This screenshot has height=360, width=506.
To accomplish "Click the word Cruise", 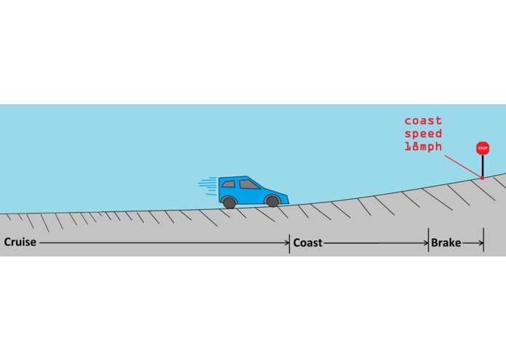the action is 20,242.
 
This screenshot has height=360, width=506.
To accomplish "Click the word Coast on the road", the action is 307,243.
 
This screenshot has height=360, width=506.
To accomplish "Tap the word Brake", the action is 446,243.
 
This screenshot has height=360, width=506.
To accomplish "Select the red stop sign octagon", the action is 483,148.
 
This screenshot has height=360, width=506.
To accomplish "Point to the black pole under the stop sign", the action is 483,165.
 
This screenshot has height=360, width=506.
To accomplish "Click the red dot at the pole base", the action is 482,178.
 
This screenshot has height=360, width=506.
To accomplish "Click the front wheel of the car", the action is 273,201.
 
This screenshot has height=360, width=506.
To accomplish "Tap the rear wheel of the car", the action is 229,203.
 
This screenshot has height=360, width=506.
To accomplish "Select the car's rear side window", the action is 228,184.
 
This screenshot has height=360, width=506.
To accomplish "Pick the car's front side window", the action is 248,184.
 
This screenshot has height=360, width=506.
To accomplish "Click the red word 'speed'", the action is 423,133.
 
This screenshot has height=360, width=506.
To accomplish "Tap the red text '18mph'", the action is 423,146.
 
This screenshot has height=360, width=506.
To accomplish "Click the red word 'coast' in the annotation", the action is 423,121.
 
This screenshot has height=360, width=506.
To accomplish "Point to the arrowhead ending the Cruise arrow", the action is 288,243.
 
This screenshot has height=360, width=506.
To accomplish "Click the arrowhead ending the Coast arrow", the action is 427,243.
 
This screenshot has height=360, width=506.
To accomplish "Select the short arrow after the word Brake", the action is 473,243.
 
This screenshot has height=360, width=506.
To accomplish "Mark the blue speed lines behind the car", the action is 207,187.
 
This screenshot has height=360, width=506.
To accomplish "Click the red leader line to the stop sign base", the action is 463,166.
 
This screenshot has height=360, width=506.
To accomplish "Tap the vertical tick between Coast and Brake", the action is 429,240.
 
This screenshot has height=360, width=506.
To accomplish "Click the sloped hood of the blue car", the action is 274,192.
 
